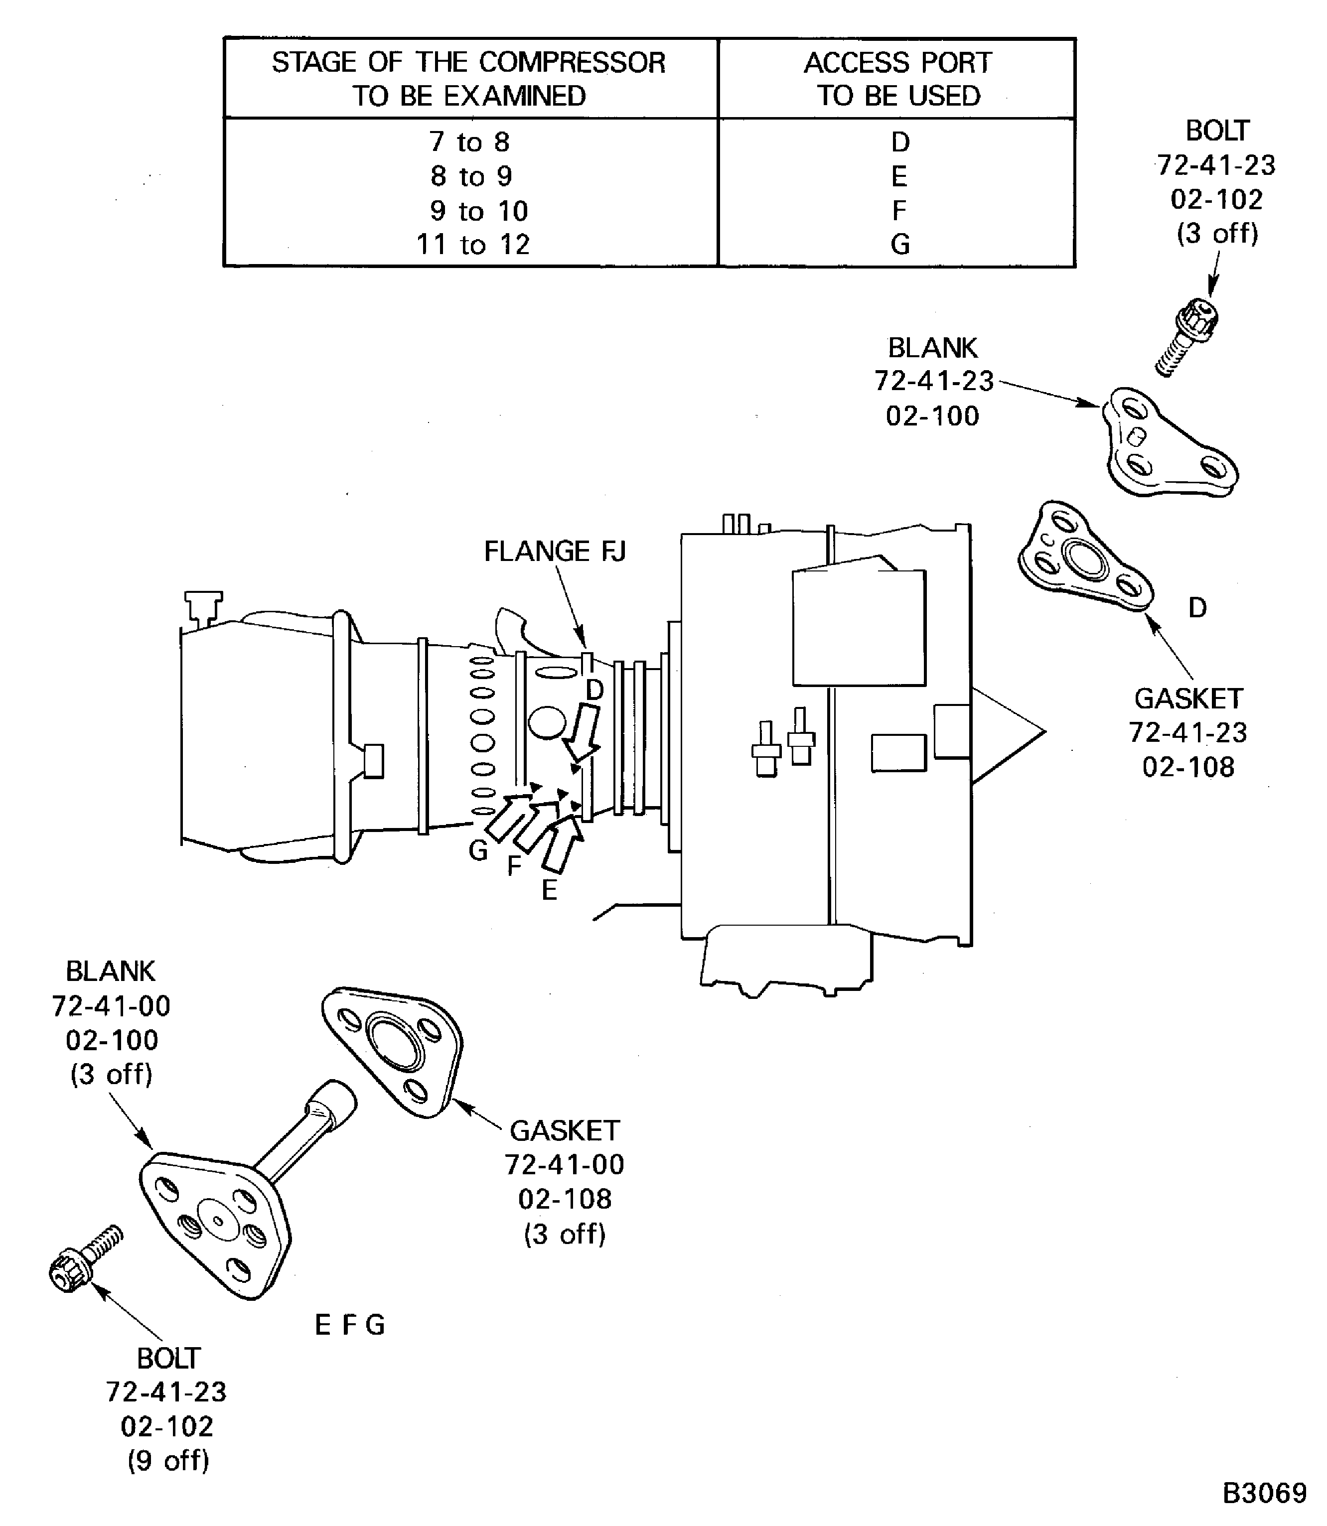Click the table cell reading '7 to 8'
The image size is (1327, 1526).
[x=469, y=141]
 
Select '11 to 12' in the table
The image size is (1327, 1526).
[x=473, y=244]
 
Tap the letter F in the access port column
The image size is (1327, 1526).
[x=899, y=210]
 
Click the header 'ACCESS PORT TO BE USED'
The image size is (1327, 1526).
[x=897, y=79]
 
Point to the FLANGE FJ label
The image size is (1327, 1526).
[x=555, y=551]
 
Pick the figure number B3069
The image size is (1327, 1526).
[x=1265, y=1493]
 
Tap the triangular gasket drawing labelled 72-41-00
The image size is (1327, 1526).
[x=392, y=1052]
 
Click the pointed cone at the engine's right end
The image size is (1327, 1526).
[x=1007, y=732]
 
